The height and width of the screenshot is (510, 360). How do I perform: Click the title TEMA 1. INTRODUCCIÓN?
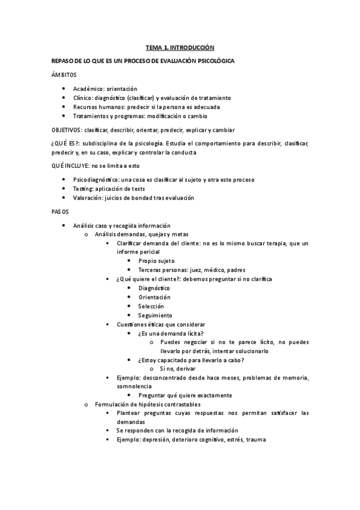(180, 46)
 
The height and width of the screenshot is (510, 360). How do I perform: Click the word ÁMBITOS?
(64, 74)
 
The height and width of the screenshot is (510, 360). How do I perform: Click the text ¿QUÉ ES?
(64, 144)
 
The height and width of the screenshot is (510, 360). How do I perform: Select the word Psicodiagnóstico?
(94, 180)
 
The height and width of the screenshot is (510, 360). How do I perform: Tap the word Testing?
(83, 189)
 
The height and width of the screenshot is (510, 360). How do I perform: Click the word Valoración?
(88, 198)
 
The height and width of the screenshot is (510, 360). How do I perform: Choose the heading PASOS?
(61, 212)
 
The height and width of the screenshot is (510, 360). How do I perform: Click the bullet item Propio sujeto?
(156, 261)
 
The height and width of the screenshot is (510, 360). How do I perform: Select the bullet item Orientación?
(154, 297)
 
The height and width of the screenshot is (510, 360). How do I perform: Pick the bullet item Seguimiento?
(155, 315)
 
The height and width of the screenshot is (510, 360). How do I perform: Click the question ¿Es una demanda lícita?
(171, 333)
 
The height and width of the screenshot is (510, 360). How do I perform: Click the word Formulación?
(112, 404)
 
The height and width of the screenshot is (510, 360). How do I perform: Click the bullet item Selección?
(151, 306)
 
